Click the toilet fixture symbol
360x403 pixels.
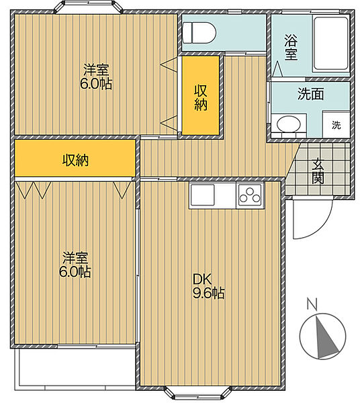199,33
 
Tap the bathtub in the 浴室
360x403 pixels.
330,44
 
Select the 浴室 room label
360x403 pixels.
291,47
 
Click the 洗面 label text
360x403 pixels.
311,94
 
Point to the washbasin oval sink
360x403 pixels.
288,125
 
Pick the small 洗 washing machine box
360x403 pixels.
336,125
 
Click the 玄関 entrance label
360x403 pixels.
318,171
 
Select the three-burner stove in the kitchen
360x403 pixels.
250,195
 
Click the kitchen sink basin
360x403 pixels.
202,195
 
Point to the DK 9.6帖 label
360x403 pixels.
209,286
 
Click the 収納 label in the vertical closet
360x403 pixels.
201,97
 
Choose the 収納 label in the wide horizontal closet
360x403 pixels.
75,160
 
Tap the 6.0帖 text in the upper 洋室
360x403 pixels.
96,83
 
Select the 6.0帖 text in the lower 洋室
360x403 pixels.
75,271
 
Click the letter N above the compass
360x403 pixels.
312,304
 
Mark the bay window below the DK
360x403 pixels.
197,393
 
